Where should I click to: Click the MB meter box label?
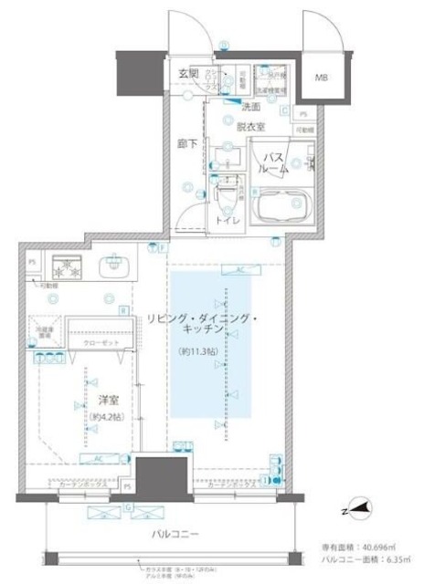click(324, 78)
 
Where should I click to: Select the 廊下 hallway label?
click(186, 144)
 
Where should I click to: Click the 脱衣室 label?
click(249, 127)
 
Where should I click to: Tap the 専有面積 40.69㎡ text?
click(364, 547)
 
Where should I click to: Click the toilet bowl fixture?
click(225, 194)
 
